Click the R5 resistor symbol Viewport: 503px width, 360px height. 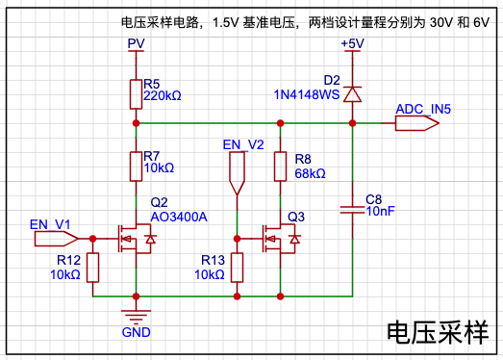click(136, 94)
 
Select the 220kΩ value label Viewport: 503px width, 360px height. click(163, 95)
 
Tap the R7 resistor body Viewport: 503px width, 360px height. click(136, 167)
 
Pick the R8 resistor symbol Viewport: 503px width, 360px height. click(281, 167)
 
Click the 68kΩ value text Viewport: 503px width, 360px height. click(311, 173)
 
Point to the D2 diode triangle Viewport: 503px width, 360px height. click(353, 94)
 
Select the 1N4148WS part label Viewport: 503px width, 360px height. click(307, 94)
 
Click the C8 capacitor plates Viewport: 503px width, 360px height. click(353, 210)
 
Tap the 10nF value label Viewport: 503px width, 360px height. click(381, 211)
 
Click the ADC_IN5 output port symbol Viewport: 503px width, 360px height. click(417, 123)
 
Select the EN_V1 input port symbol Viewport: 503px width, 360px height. click(56, 239)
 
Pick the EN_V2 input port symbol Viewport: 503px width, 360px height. click(237, 173)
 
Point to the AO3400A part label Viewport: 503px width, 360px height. click(179, 218)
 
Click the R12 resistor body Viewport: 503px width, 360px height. click(92, 268)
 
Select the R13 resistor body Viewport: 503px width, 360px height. click(237, 268)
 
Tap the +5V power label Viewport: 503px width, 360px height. click(353, 43)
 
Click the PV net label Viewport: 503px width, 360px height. click(136, 43)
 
